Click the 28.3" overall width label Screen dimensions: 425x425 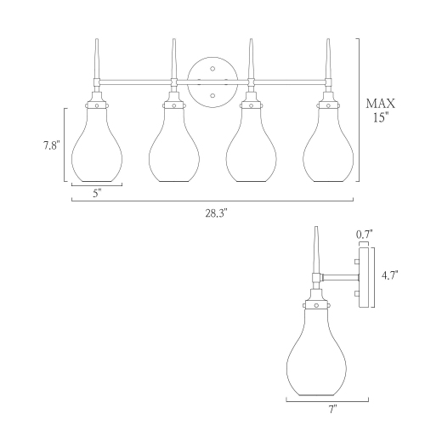216,213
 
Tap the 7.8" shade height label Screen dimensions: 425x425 52,145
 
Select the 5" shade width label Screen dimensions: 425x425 97,193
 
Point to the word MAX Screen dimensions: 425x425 380,104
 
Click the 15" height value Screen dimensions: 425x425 380,117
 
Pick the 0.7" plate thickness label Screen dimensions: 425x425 365,235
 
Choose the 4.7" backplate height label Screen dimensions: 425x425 389,275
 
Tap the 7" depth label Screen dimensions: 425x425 332,409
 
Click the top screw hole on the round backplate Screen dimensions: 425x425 212,69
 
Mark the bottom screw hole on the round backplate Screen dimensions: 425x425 212,95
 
